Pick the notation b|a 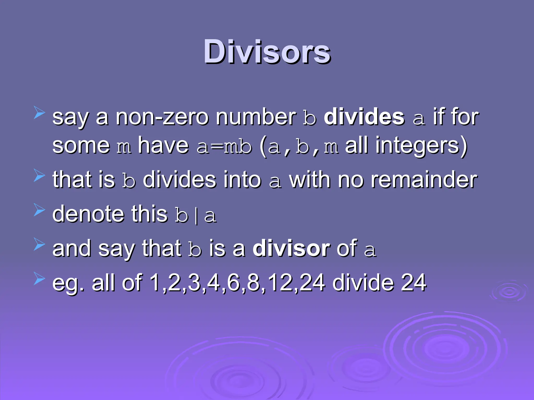tap(196, 215)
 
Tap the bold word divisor tap(291, 248)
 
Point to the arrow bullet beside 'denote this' tap(39, 210)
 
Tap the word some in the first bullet tap(81, 146)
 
